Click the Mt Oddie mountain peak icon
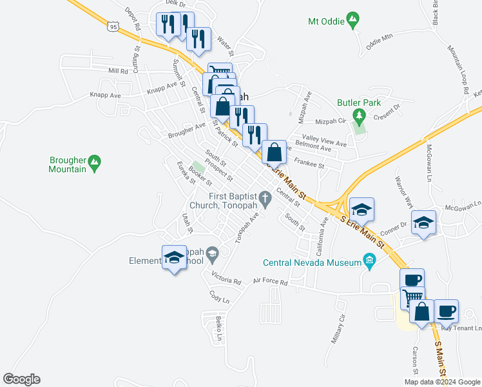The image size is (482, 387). click(352, 21)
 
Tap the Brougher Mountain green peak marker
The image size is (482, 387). click(95, 163)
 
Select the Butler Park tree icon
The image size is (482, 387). click(360, 116)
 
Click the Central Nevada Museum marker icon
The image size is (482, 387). click(369, 262)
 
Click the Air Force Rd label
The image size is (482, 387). click(270, 282)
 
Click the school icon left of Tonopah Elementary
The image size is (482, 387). click(173, 259)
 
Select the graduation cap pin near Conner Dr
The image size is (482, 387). click(423, 223)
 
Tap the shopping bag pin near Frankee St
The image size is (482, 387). click(274, 153)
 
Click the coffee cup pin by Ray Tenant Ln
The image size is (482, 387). click(446, 312)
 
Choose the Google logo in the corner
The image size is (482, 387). click(21, 379)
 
